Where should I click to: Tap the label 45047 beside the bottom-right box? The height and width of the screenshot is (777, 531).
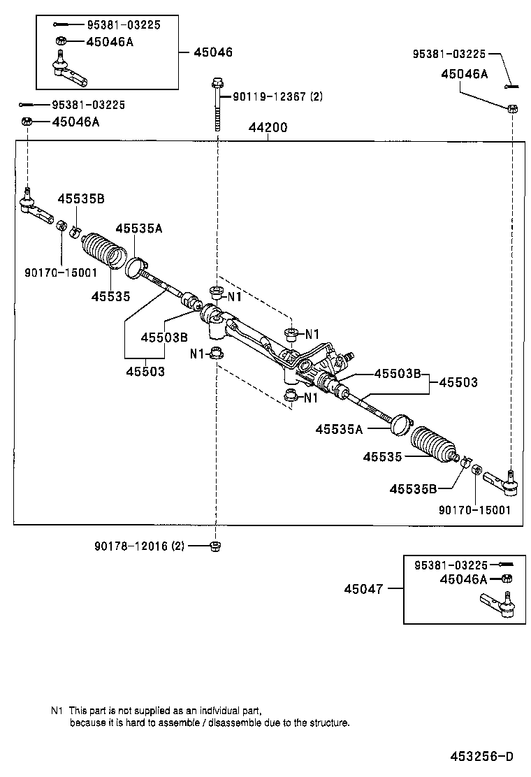[x=363, y=588]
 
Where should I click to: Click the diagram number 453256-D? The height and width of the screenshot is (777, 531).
[x=481, y=756]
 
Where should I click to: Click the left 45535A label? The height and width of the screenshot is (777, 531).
[x=139, y=228]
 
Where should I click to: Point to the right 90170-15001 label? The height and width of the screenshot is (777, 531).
[x=475, y=510]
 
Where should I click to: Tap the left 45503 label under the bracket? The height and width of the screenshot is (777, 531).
[x=145, y=372]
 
